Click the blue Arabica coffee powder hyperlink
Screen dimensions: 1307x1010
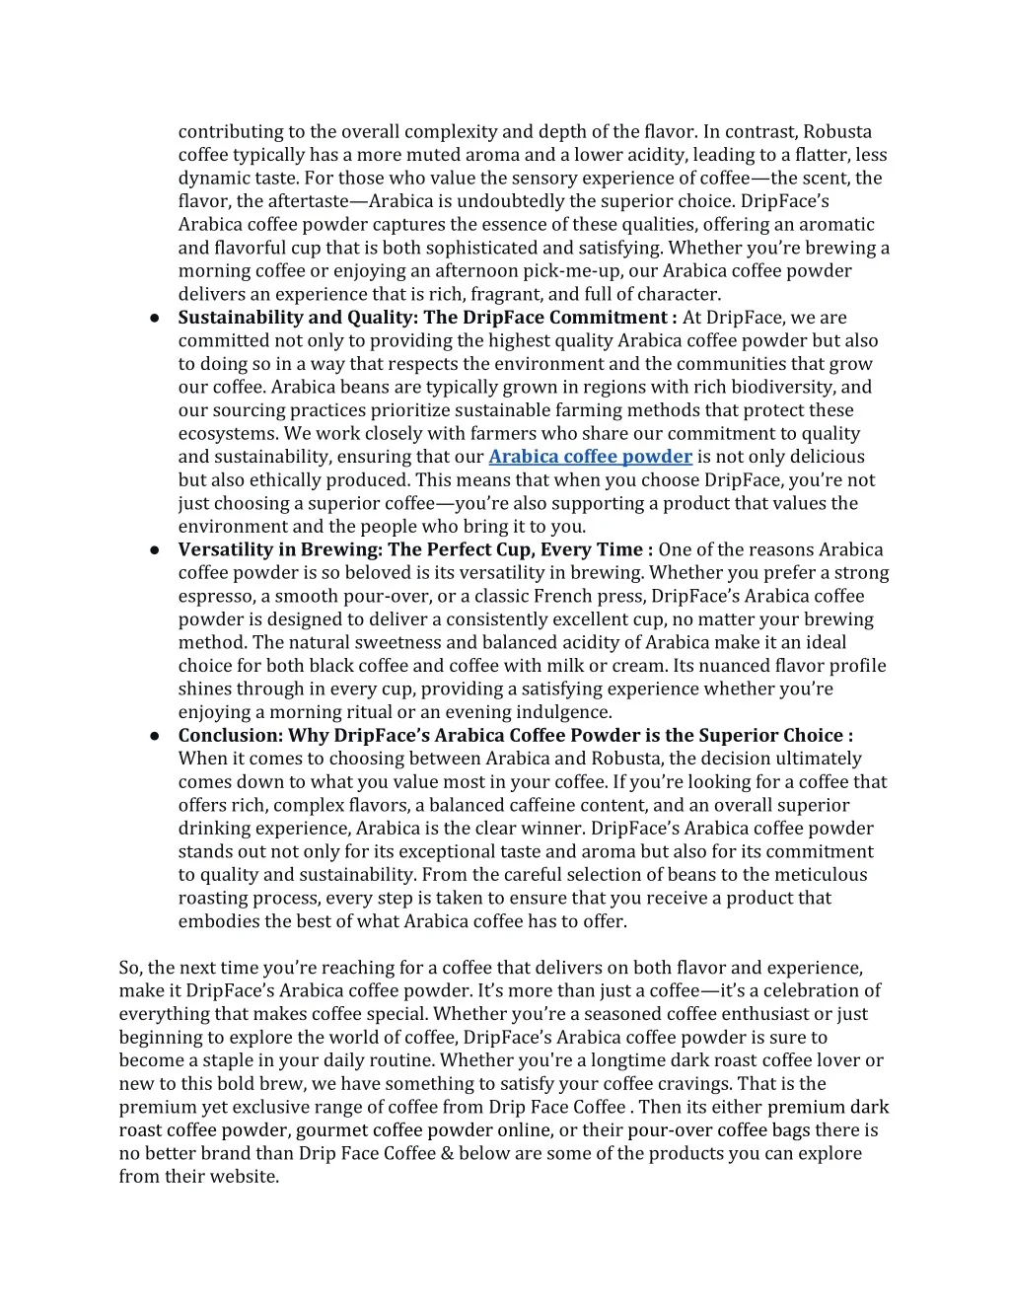[x=590, y=457]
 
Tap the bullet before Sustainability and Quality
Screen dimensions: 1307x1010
[x=156, y=318]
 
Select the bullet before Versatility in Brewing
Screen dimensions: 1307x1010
[x=156, y=550]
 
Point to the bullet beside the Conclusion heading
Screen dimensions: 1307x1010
[x=156, y=736]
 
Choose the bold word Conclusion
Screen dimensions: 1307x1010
[x=230, y=735]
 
